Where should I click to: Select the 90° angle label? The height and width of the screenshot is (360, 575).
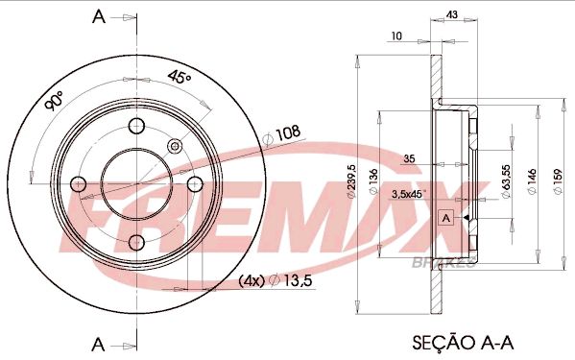(x=55, y=102)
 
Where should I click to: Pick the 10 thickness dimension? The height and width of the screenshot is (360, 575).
(x=395, y=36)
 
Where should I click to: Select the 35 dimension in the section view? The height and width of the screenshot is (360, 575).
(x=408, y=158)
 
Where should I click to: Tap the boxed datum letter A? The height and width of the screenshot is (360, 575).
(x=444, y=218)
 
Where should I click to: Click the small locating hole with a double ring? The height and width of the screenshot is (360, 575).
(x=175, y=146)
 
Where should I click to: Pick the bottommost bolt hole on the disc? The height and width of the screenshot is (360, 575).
(x=136, y=241)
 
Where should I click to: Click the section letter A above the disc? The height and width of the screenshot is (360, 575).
(x=96, y=16)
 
